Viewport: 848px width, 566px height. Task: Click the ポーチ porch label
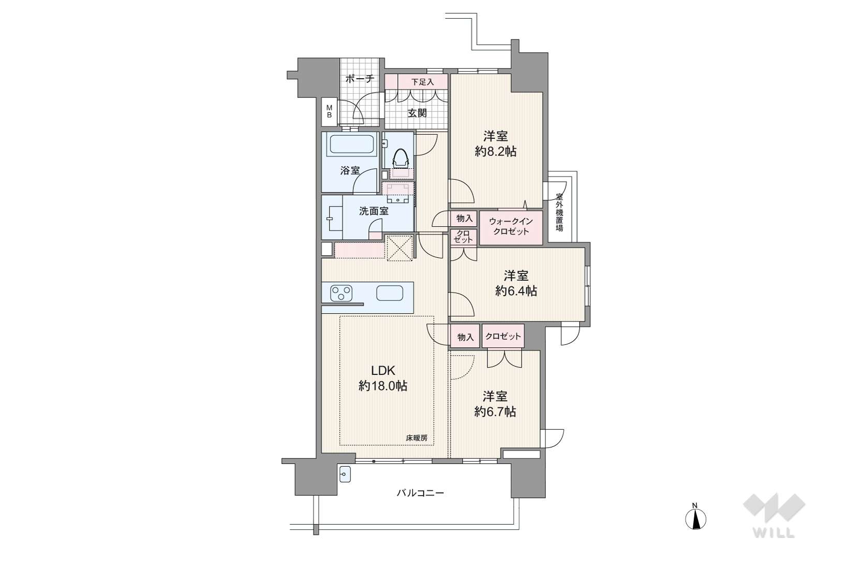pyautogui.click(x=360, y=79)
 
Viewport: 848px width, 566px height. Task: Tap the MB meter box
pyautogui.click(x=330, y=111)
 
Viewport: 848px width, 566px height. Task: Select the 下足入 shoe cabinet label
pyautogui.click(x=423, y=82)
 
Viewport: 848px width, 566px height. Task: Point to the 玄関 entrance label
pyautogui.click(x=417, y=113)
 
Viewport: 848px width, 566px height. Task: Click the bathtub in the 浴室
pyautogui.click(x=352, y=144)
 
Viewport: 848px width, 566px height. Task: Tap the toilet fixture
pyautogui.click(x=401, y=158)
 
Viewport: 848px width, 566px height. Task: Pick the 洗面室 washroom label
pyautogui.click(x=374, y=211)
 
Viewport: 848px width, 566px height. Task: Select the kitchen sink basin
pyautogui.click(x=390, y=293)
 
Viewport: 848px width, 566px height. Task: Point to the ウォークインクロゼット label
pyautogui.click(x=511, y=226)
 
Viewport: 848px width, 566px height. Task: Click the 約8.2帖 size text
pyautogui.click(x=496, y=152)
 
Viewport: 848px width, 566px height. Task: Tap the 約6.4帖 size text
pyautogui.click(x=516, y=291)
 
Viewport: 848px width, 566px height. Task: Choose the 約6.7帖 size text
pyautogui.click(x=495, y=412)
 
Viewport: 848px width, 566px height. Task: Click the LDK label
pyautogui.click(x=383, y=370)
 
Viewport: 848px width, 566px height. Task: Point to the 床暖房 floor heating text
pyautogui.click(x=416, y=438)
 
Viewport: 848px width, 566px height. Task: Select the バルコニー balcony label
pyautogui.click(x=420, y=493)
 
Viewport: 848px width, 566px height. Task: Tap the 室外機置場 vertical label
pyautogui.click(x=559, y=212)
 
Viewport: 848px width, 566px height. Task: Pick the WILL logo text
pyautogui.click(x=774, y=533)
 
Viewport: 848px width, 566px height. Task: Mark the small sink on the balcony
pyautogui.click(x=345, y=474)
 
